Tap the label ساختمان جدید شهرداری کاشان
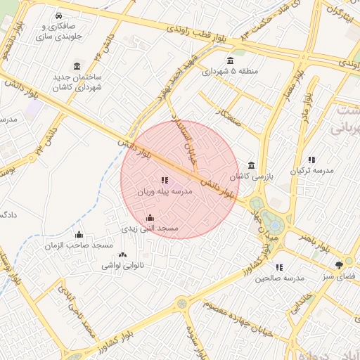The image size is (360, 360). (76, 81)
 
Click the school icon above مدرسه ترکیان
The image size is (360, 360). (311, 160)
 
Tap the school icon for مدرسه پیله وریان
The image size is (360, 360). (165, 181)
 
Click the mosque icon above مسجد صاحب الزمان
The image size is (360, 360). (79, 235)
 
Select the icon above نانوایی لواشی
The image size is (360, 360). (123, 255)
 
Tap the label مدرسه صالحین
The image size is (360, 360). (279, 278)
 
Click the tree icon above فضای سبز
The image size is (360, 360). (340, 264)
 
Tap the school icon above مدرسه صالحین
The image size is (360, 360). (279, 267)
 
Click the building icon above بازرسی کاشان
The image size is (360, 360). (251, 166)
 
